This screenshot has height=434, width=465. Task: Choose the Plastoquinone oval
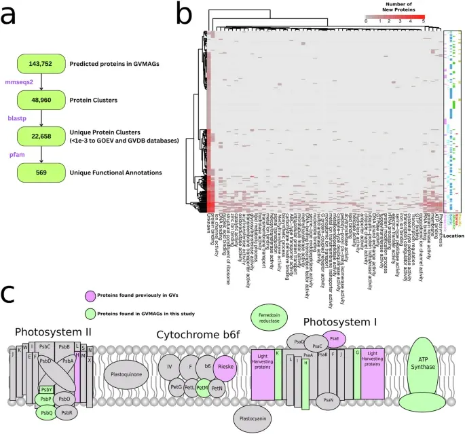(x=126, y=373)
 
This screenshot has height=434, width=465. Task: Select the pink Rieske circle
(x=226, y=368)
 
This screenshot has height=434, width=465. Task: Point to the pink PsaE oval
(x=335, y=339)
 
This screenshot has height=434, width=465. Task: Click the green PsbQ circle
(x=46, y=412)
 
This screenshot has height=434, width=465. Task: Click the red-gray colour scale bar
(x=396, y=15)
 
